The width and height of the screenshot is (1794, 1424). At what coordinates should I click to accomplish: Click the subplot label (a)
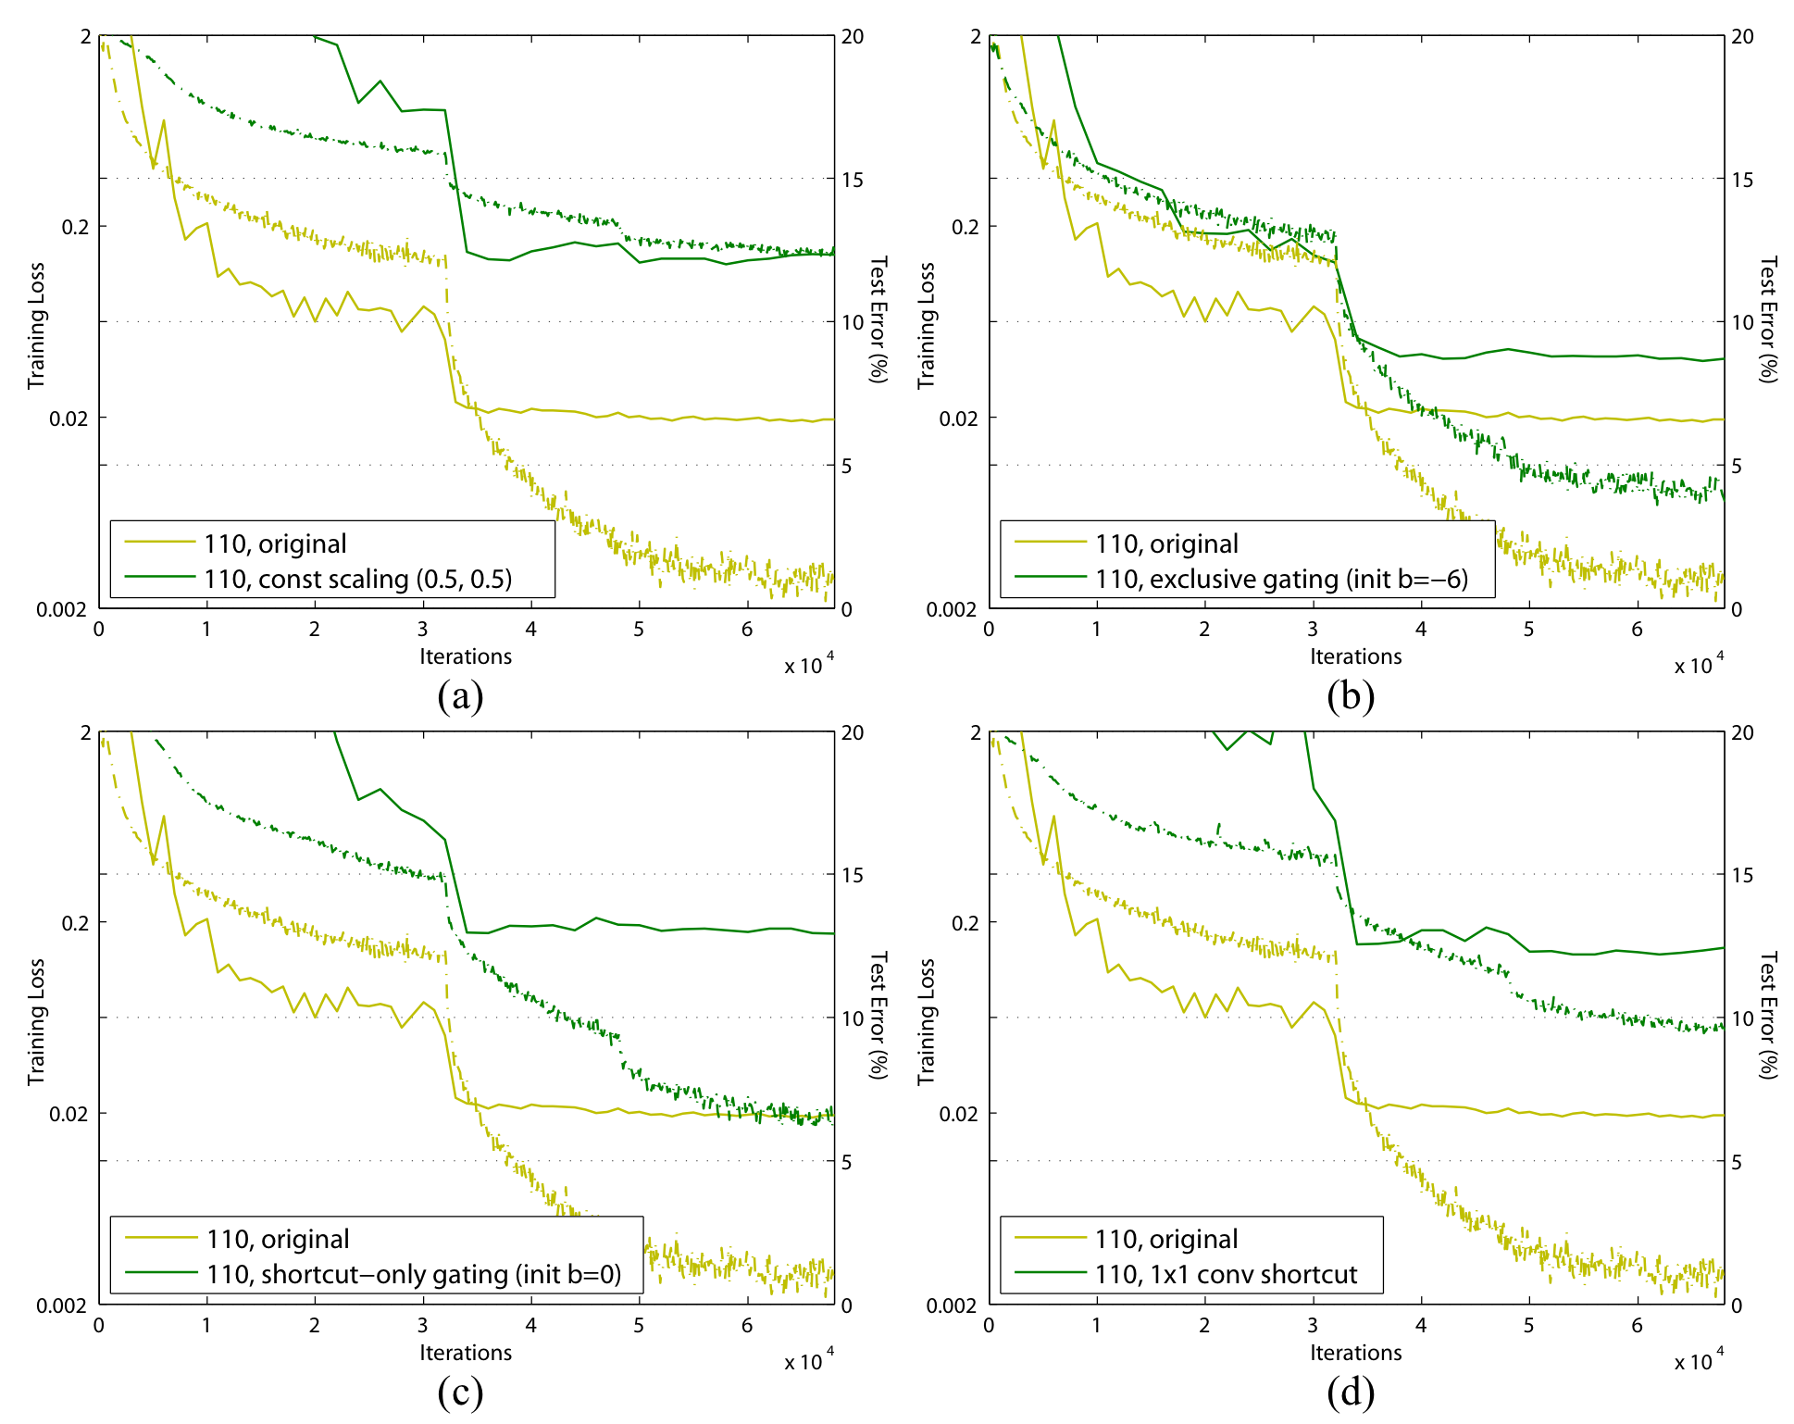[x=460, y=696]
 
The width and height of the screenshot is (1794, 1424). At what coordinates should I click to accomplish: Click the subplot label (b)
[x=1350, y=696]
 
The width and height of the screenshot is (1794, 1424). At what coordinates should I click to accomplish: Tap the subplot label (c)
[x=460, y=1393]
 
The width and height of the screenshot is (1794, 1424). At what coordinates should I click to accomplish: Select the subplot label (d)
[x=1350, y=1393]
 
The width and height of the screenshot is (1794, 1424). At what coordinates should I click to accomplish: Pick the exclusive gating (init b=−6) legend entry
[x=1281, y=579]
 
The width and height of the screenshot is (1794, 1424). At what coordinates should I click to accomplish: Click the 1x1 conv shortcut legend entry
[x=1226, y=1275]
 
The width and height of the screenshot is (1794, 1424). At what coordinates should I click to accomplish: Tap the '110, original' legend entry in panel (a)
[x=275, y=543]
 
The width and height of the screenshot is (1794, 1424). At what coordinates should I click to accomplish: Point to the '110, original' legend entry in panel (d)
[x=1166, y=1240]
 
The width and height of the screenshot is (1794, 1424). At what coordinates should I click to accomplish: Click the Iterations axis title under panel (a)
[x=466, y=656]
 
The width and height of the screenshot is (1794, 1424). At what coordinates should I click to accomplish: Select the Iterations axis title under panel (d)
[x=1355, y=1353]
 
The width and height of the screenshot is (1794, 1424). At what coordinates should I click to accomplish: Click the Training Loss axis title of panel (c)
[x=36, y=1021]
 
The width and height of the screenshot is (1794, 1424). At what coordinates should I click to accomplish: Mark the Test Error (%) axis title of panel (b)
[x=1768, y=319]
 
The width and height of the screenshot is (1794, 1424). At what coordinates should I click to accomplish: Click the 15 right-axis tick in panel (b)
[x=1742, y=180]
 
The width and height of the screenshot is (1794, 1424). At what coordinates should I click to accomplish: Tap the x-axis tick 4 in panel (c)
[x=530, y=1325]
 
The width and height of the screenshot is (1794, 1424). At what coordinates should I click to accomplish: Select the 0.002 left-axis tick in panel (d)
[x=952, y=1305]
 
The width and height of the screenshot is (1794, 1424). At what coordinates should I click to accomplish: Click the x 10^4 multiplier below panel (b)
[x=1699, y=665]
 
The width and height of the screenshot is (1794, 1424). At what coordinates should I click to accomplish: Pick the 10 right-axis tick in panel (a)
[x=852, y=322]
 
